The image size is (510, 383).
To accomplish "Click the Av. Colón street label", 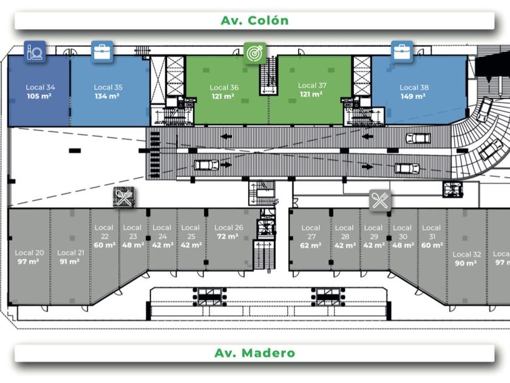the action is [254, 20].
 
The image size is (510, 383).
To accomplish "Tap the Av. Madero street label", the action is [254, 353].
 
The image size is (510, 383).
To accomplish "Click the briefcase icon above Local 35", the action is [102, 51].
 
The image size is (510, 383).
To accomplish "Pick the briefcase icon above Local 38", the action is [402, 51].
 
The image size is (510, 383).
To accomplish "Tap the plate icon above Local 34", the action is [35, 51].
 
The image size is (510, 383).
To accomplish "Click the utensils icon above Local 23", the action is [123, 197].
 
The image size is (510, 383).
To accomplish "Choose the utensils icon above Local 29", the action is [380, 199].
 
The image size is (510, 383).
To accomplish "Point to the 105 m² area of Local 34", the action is [39, 96].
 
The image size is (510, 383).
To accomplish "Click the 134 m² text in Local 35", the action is [107, 96].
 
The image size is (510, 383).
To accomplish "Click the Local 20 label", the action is [29, 252].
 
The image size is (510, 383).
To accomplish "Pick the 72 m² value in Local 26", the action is [229, 236].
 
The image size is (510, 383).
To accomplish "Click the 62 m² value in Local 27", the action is [311, 246].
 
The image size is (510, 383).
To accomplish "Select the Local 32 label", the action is [467, 254].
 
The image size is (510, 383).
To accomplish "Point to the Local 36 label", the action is [223, 88].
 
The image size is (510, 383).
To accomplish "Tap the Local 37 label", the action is [312, 86].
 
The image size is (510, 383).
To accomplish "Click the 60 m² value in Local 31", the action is [432, 246].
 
